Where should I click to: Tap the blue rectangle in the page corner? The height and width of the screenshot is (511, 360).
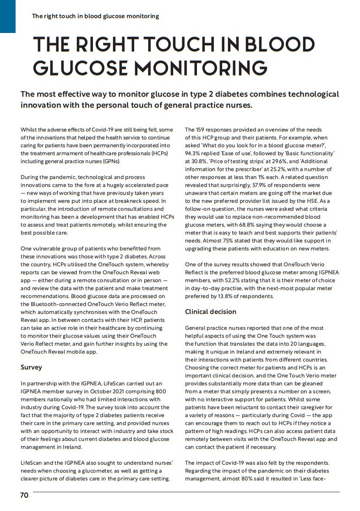7,16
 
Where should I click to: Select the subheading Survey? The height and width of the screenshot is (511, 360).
32,367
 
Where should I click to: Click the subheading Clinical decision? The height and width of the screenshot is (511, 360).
211,311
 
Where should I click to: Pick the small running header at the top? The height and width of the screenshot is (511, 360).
95,16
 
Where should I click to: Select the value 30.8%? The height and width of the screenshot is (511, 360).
199,161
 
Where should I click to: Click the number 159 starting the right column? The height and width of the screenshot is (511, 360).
202,130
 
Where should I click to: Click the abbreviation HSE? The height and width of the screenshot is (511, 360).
316,201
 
